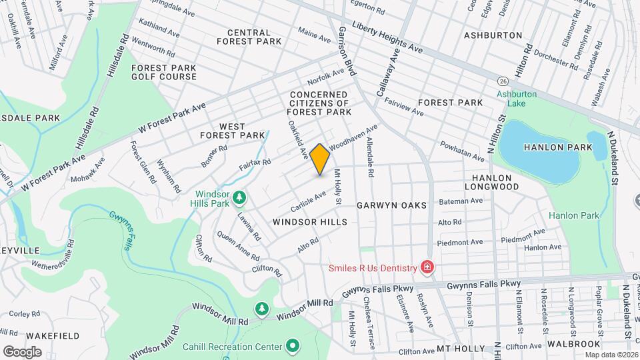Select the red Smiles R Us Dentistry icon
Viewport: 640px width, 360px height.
pyautogui.click(x=427, y=268)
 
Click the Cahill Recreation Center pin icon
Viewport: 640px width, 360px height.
pyautogui.click(x=292, y=346)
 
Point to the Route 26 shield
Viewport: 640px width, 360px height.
pyautogui.click(x=502, y=80)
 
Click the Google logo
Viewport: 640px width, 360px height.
pyautogui.click(x=23, y=351)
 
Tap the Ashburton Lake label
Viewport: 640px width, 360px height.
pyautogui.click(x=516, y=99)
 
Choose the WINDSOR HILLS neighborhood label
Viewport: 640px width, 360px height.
pyautogui.click(x=310, y=221)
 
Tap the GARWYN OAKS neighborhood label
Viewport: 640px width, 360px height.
pyautogui.click(x=391, y=205)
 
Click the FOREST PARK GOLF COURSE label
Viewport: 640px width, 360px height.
pyautogui.click(x=164, y=72)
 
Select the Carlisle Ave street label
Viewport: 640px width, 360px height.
pyautogui.click(x=308, y=199)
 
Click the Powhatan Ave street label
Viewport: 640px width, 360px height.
pyautogui.click(x=461, y=151)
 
